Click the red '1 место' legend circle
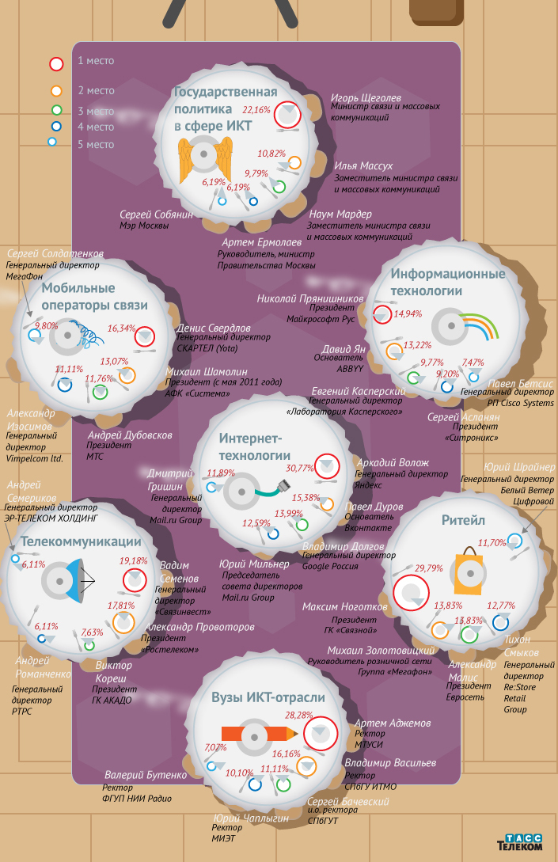(57, 64)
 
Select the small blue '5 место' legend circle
(52, 142)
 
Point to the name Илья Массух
(363, 166)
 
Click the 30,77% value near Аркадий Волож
(300, 469)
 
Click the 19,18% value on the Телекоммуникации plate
(134, 560)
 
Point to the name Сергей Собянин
(156, 215)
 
